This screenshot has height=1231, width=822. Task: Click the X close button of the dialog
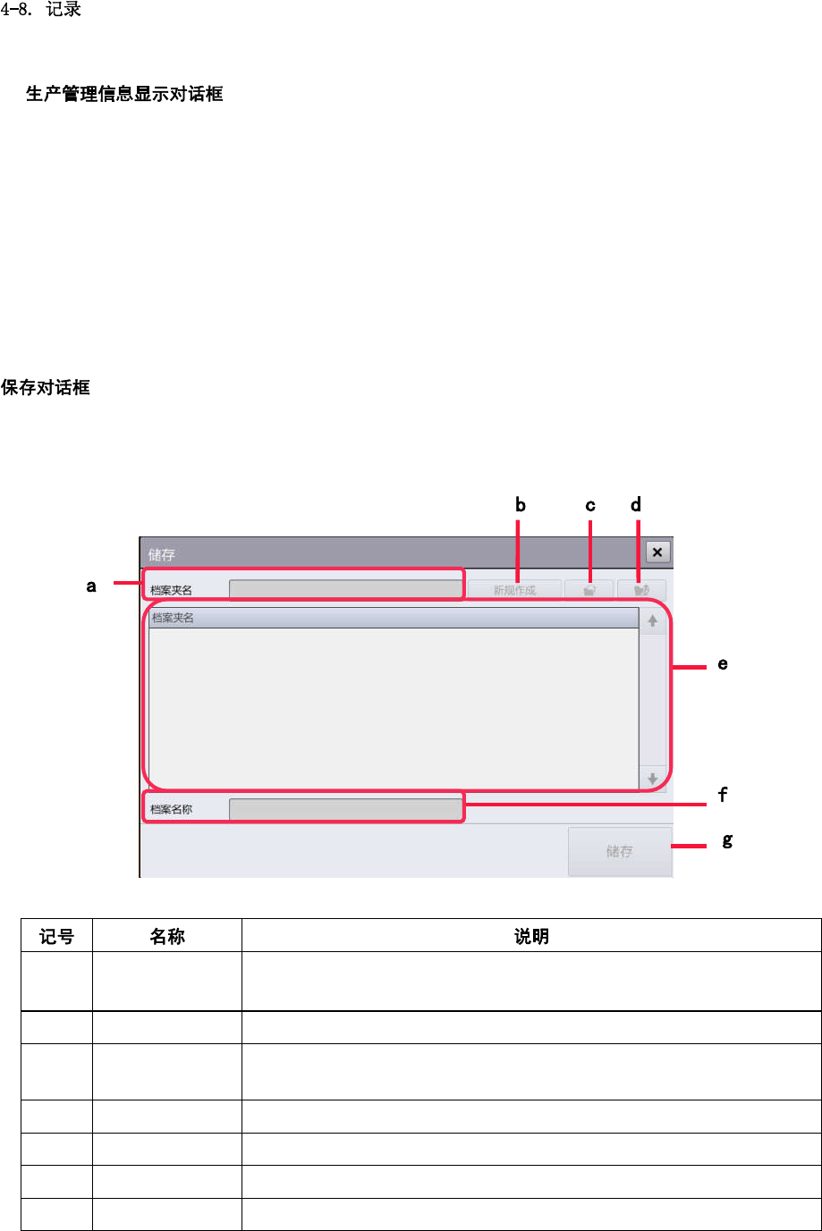coord(657,552)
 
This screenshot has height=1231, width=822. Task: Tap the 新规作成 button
coord(515,590)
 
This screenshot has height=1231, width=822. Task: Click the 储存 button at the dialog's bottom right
coord(619,851)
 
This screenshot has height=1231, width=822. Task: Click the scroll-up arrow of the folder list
coord(653,620)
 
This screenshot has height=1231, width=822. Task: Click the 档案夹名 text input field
coord(345,590)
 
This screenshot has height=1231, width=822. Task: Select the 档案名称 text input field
coord(345,809)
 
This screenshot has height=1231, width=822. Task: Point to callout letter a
coord(91,586)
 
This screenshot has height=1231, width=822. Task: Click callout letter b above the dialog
coord(521,505)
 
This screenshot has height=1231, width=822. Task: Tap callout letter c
coord(590,506)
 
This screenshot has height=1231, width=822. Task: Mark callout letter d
coord(636,505)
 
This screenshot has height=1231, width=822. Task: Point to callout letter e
coord(723,664)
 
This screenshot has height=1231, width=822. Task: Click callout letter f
coord(723,794)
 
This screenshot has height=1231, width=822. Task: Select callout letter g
coord(727,840)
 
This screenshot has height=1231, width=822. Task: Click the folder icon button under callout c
coord(589,590)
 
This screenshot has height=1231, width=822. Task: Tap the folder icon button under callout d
coord(641,590)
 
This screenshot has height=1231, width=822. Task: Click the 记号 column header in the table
coord(56,936)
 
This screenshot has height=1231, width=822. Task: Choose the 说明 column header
coord(531,936)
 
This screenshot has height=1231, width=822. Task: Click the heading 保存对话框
coord(46,388)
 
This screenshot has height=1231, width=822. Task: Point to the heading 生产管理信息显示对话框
coord(124,94)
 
